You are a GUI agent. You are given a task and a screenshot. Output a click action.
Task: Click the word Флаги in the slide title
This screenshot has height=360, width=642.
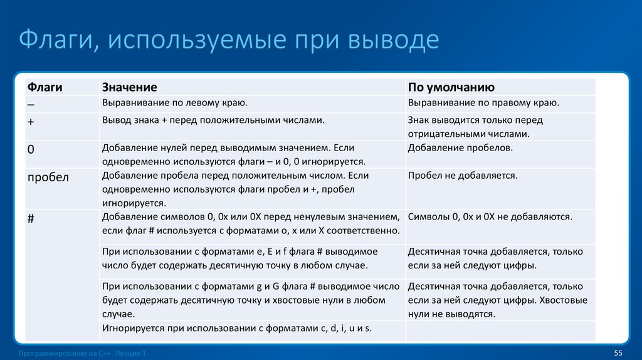pos(55,41)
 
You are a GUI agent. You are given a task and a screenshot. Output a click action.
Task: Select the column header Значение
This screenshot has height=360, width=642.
pos(129,87)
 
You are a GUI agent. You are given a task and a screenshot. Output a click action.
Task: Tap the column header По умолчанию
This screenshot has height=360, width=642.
pos(451,87)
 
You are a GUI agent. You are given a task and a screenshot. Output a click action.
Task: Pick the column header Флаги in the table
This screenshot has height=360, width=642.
pos(45,87)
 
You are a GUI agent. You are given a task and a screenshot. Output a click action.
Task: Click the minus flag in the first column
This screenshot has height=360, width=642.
pos(31,103)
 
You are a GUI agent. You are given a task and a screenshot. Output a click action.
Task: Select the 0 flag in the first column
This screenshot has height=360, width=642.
pos(31,149)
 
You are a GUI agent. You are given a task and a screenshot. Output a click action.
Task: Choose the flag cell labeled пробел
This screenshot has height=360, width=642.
pos(48,177)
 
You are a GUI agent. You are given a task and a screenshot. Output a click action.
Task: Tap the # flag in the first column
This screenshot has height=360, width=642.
pos(31,217)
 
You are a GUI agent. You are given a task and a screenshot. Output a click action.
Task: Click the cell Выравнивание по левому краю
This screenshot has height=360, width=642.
pos(175,102)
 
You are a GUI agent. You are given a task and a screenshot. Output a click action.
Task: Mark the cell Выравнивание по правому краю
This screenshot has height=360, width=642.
pos(483,102)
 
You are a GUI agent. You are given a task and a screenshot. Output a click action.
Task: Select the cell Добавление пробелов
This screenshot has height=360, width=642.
pos(460,148)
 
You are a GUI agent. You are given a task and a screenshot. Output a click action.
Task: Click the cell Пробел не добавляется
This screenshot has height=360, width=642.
pos(463,176)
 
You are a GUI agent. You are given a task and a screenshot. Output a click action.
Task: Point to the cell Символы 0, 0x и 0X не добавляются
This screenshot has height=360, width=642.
pos(490,217)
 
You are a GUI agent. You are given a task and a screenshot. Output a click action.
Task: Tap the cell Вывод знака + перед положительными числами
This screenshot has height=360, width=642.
pos(213,119)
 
